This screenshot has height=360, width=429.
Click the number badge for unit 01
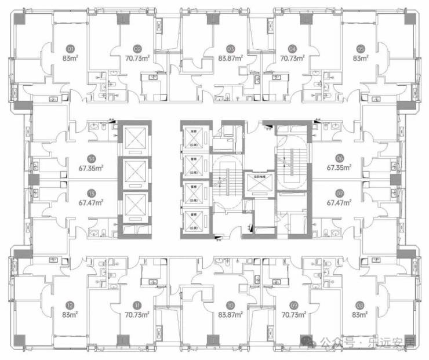tap(71, 49)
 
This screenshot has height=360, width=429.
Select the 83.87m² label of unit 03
tap(230, 58)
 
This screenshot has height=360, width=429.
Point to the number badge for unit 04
tap(293, 49)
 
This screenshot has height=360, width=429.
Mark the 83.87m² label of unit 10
tap(230, 315)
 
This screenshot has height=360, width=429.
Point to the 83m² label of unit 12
tap(71, 315)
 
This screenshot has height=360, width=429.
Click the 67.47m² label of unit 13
tap(92, 202)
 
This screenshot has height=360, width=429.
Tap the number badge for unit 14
tap(92, 158)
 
